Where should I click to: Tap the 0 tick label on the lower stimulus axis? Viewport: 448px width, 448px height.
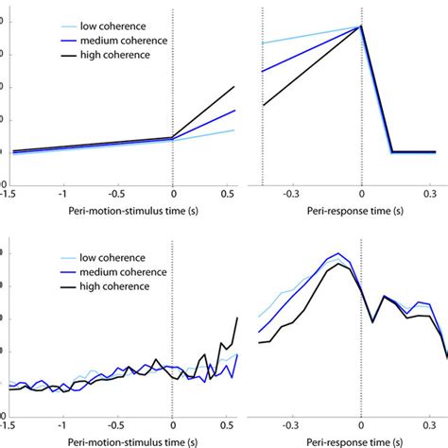[x=172, y=426]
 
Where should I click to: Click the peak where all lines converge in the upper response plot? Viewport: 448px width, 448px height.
[x=361, y=26]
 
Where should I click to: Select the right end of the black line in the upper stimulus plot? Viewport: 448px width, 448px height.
[x=234, y=87]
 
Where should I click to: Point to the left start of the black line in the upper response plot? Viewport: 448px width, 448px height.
[x=263, y=105]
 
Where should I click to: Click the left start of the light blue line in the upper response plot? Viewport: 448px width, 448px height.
[x=263, y=43]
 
